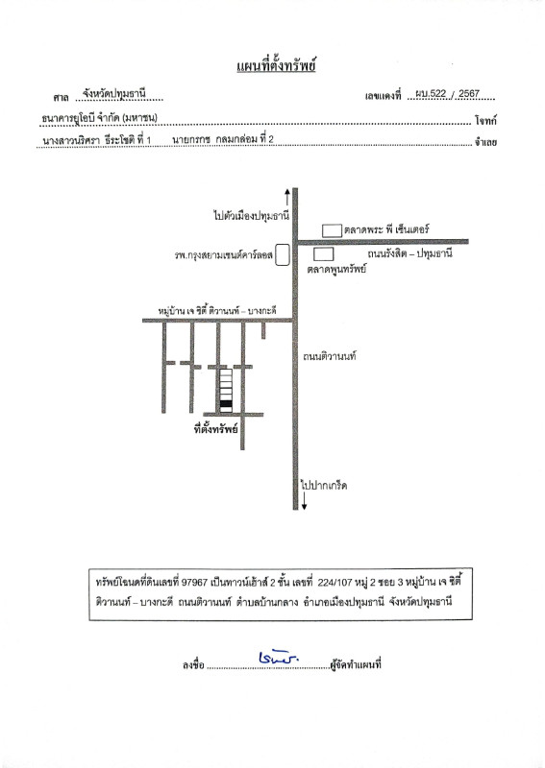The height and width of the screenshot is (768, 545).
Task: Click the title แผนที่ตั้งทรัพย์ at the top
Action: click(x=276, y=64)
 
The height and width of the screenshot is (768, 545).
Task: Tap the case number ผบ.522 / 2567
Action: click(x=448, y=93)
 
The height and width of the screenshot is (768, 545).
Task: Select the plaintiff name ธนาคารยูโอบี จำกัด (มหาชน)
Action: click(x=100, y=117)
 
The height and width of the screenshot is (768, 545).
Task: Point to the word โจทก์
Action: click(x=485, y=121)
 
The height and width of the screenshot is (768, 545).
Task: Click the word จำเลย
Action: click(x=485, y=142)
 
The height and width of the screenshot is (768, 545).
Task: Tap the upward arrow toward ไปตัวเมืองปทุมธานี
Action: click(x=287, y=197)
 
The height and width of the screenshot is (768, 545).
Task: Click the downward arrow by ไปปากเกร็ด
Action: click(x=304, y=500)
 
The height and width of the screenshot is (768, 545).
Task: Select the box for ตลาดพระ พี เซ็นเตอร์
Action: click(x=333, y=230)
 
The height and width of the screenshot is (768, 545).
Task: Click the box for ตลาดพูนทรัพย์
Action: click(x=324, y=254)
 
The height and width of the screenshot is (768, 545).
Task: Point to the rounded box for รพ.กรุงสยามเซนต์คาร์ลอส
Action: click(x=282, y=255)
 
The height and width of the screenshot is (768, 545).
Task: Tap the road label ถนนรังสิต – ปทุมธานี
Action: click(x=409, y=253)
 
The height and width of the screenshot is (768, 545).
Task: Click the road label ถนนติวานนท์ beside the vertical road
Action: click(x=329, y=356)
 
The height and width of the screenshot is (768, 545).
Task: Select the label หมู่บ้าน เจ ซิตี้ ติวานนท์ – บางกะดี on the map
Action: click(x=217, y=310)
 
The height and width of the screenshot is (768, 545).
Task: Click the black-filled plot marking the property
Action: click(x=226, y=404)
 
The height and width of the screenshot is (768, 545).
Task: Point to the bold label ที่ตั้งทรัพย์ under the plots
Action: click(x=216, y=429)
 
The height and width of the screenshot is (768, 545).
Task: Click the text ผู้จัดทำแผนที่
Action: click(x=356, y=664)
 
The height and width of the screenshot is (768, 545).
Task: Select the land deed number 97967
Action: click(x=195, y=583)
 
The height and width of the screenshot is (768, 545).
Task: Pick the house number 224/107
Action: click(x=335, y=583)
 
